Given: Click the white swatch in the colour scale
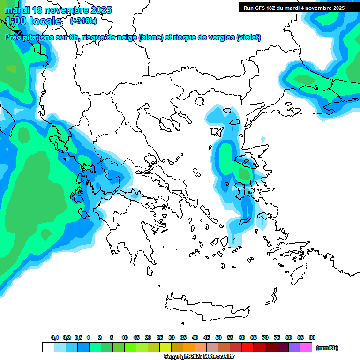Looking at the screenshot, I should pyautogui.click(x=48, y=347).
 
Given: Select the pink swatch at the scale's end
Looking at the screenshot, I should pyautogui.click(x=306, y=347).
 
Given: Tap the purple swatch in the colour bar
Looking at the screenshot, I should pyautogui.click(x=294, y=347).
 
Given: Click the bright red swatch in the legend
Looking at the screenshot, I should pyautogui.click(x=247, y=347).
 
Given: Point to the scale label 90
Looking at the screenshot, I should pyautogui.click(x=312, y=337).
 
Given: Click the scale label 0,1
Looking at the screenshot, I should pyautogui.click(x=54, y=337).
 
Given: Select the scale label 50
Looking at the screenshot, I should pyautogui.click(x=218, y=337).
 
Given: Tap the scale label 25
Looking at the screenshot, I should pyautogui.click(x=160, y=337).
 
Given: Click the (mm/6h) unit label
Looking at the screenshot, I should pyautogui.click(x=327, y=348).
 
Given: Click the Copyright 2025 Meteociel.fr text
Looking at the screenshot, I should pyautogui.click(x=199, y=357).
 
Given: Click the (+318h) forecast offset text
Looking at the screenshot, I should pyautogui.click(x=83, y=21).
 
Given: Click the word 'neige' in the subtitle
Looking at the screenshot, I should pyautogui.click(x=126, y=37).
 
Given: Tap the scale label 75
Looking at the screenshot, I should pyautogui.click(x=277, y=337).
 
